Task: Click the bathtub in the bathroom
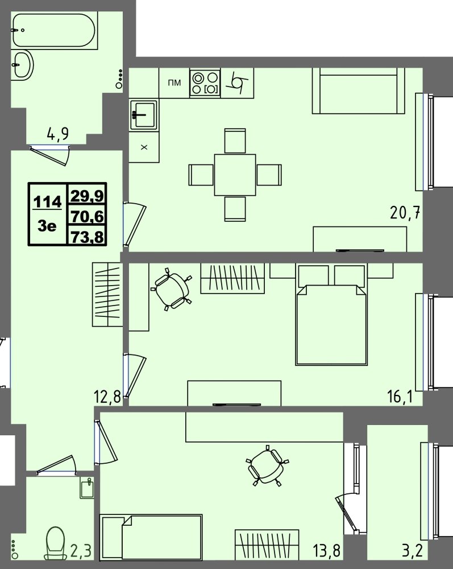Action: pos(55,31)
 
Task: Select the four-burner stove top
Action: pos(205,83)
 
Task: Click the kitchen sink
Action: pos(143,115)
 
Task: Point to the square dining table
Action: pos(235,175)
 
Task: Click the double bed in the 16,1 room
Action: pos(331,315)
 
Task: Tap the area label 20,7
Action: pos(405,212)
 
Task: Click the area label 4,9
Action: pos(57,134)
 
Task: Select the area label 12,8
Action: pos(107,397)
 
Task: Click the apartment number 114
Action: pos(47,201)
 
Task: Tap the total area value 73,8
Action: pos(87,237)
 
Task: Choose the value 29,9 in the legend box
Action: pos(87,196)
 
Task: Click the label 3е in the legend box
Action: pos(47,226)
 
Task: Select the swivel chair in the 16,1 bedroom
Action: pos(172,290)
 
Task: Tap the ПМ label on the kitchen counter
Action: pos(174,83)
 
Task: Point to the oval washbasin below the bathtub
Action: pos(23,65)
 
